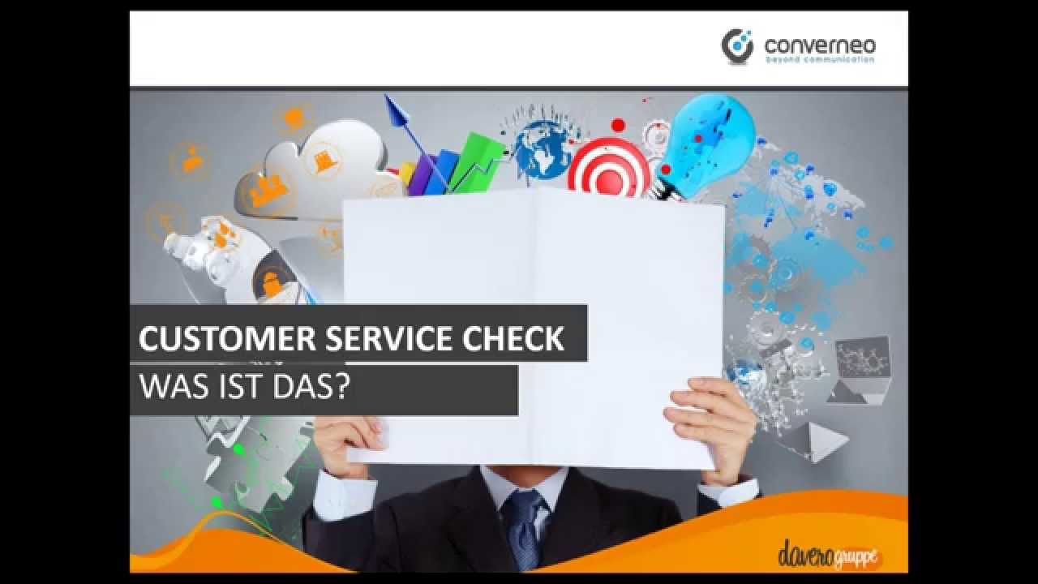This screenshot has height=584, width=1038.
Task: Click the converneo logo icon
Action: [737, 45]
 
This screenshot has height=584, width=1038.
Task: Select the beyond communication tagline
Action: [820, 60]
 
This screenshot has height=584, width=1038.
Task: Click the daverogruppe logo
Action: [828, 556]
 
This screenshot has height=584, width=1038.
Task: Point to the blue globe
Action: [543, 150]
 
